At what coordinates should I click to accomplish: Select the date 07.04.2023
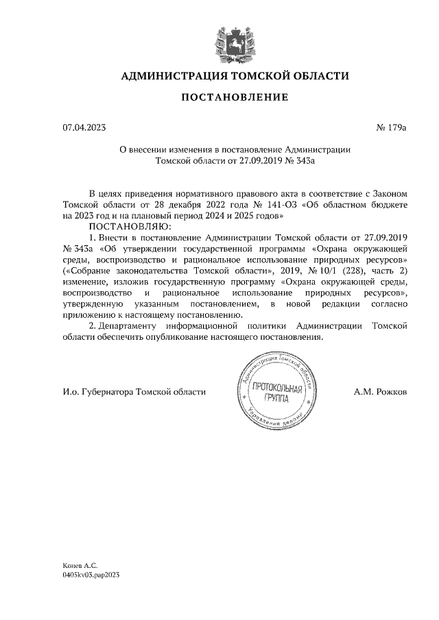[x=84, y=127]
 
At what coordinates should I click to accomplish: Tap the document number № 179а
[x=392, y=127]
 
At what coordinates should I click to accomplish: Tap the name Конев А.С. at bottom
[x=80, y=566]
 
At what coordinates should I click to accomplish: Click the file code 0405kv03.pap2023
[x=91, y=576]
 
